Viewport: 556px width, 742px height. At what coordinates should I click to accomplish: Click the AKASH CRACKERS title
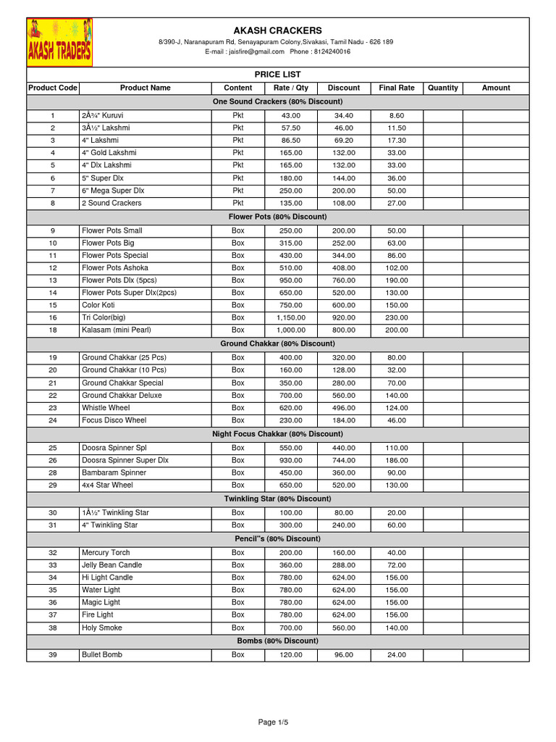point(277,30)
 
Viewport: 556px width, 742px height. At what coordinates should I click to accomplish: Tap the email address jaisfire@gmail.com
point(255,52)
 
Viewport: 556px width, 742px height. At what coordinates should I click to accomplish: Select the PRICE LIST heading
point(277,75)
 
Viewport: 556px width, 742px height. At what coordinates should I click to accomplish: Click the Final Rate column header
point(397,88)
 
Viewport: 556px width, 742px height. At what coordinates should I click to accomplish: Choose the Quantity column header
point(443,88)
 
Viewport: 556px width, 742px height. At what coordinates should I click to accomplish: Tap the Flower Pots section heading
point(277,217)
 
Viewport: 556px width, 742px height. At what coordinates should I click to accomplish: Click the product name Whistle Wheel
point(106,408)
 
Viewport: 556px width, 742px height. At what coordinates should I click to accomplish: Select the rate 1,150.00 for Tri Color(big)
point(291,317)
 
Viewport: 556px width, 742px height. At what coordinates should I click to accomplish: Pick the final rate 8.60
point(397,115)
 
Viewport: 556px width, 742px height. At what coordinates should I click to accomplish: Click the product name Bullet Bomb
point(102,654)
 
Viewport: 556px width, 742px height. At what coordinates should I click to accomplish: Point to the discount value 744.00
point(344,460)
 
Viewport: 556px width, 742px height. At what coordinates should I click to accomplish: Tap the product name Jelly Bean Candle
point(111,564)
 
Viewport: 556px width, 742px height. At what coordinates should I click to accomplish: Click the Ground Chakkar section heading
point(277,343)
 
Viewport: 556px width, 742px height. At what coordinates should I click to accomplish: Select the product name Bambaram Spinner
point(114,472)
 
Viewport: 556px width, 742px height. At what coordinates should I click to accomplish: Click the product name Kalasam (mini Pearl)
point(117,330)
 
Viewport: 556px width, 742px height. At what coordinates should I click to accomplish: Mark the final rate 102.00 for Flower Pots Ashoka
point(397,267)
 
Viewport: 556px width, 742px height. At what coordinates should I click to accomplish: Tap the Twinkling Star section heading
point(277,499)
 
